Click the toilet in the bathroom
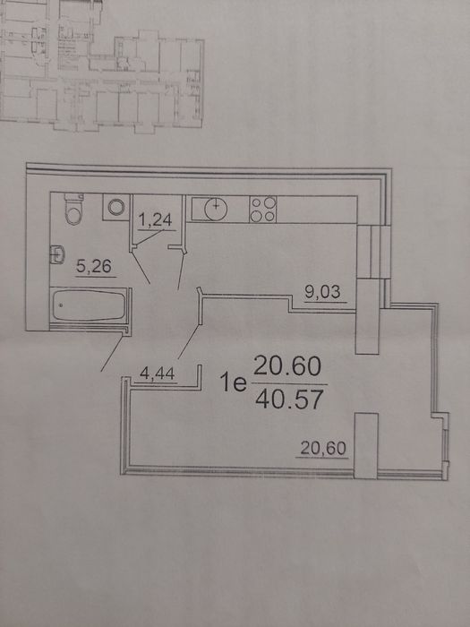pyautogui.click(x=74, y=209)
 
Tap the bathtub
pyautogui.click(x=90, y=305)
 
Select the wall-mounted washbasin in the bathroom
pyautogui.click(x=57, y=254)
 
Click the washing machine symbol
pyautogui.click(x=116, y=207)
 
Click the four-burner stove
pyautogui.click(x=263, y=209)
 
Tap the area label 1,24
pyautogui.click(x=157, y=220)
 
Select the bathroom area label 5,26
pyautogui.click(x=94, y=267)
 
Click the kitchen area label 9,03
pyautogui.click(x=323, y=293)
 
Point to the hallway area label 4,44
pyautogui.click(x=157, y=374)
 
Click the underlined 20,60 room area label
pyautogui.click(x=323, y=448)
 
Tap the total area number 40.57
pyautogui.click(x=289, y=400)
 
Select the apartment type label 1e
pyautogui.click(x=233, y=382)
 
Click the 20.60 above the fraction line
pyautogui.click(x=287, y=365)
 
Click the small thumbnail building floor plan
pyautogui.click(x=102, y=66)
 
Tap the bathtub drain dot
pyautogui.click(x=61, y=305)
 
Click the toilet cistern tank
pyautogui.click(x=74, y=197)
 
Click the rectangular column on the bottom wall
pyautogui.click(x=366, y=445)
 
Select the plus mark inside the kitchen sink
pyautogui.click(x=216, y=206)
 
